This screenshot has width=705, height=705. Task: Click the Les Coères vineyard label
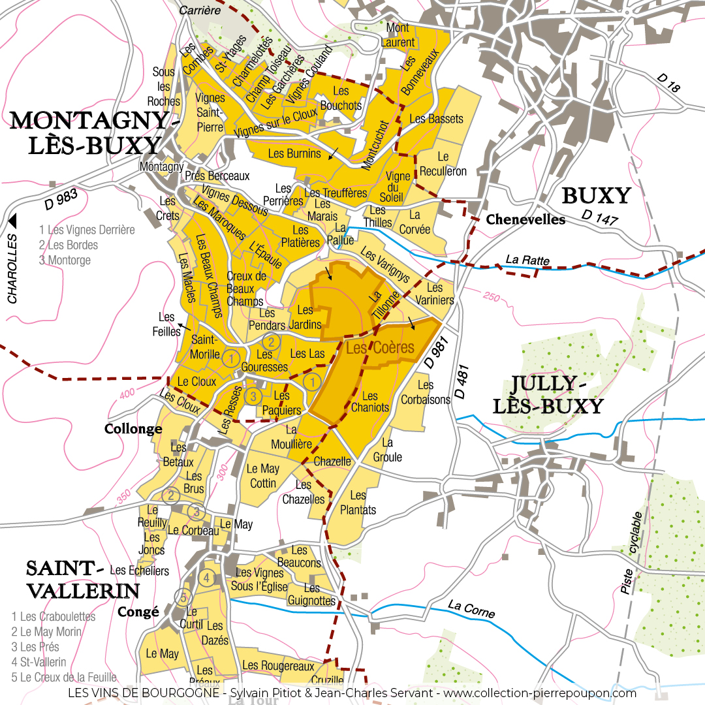pyautogui.click(x=380, y=349)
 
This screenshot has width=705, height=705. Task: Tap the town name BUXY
pyautogui.click(x=596, y=196)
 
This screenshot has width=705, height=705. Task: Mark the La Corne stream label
pyautogui.click(x=471, y=609)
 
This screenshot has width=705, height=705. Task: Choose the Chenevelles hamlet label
pyautogui.click(x=525, y=220)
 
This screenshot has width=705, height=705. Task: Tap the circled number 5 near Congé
pyautogui.click(x=183, y=597)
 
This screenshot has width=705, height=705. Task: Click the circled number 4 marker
pyautogui.click(x=206, y=578)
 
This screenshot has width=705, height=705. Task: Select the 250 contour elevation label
pyautogui.click(x=492, y=298)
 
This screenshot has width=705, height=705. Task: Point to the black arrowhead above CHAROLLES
pyautogui.click(x=12, y=220)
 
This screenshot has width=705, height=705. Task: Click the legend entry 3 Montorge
pyautogui.click(x=65, y=260)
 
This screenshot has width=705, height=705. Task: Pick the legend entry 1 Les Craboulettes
pyautogui.click(x=54, y=616)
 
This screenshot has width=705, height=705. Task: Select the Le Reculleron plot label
pyautogui.click(x=443, y=164)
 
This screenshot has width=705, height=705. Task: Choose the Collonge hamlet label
pyautogui.click(x=133, y=429)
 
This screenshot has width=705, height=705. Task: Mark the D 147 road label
pyautogui.click(x=599, y=218)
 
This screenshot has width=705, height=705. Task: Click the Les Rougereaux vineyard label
pyautogui.click(x=278, y=665)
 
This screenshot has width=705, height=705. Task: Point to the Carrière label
pyautogui.click(x=198, y=10)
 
